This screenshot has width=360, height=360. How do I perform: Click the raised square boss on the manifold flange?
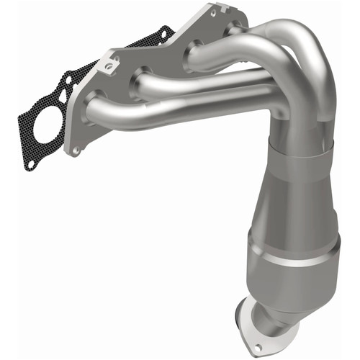pyautogui.click(x=108, y=65)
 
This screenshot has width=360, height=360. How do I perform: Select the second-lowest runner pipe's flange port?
pyautogui.click(x=138, y=84)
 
